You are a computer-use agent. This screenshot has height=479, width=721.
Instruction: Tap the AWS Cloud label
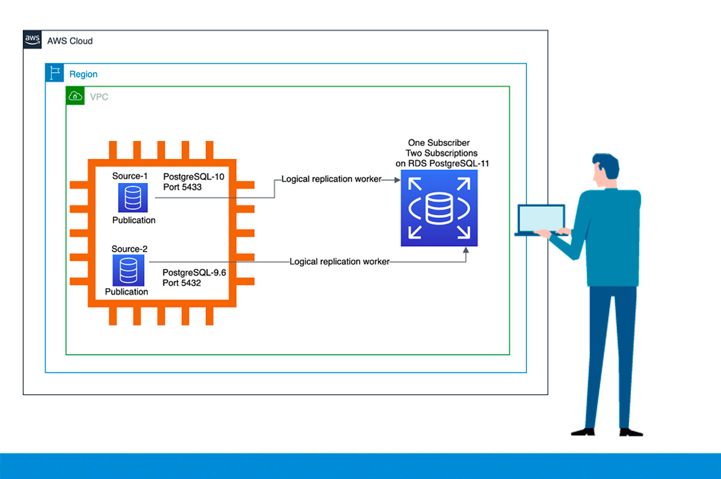(70, 41)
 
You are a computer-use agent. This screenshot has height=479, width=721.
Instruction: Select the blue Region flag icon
(55, 73)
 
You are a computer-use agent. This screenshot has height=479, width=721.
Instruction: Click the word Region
(84, 74)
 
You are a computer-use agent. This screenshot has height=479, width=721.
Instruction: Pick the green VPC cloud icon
(75, 95)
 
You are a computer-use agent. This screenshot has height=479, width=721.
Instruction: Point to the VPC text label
(99, 97)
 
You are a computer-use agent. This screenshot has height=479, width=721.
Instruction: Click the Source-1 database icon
(133, 198)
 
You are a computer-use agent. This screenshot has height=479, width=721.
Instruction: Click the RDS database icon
(439, 208)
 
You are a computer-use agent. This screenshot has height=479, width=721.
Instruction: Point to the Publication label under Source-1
(133, 220)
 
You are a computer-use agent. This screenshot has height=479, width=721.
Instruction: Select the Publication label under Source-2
(126, 292)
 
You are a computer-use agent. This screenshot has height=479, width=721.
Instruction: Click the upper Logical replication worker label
(331, 179)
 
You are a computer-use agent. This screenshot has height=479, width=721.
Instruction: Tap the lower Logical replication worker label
(339, 262)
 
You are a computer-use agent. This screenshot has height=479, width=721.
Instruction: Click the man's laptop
(540, 220)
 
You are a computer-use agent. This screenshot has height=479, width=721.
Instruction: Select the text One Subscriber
(439, 143)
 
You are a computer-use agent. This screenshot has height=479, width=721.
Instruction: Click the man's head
(605, 169)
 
